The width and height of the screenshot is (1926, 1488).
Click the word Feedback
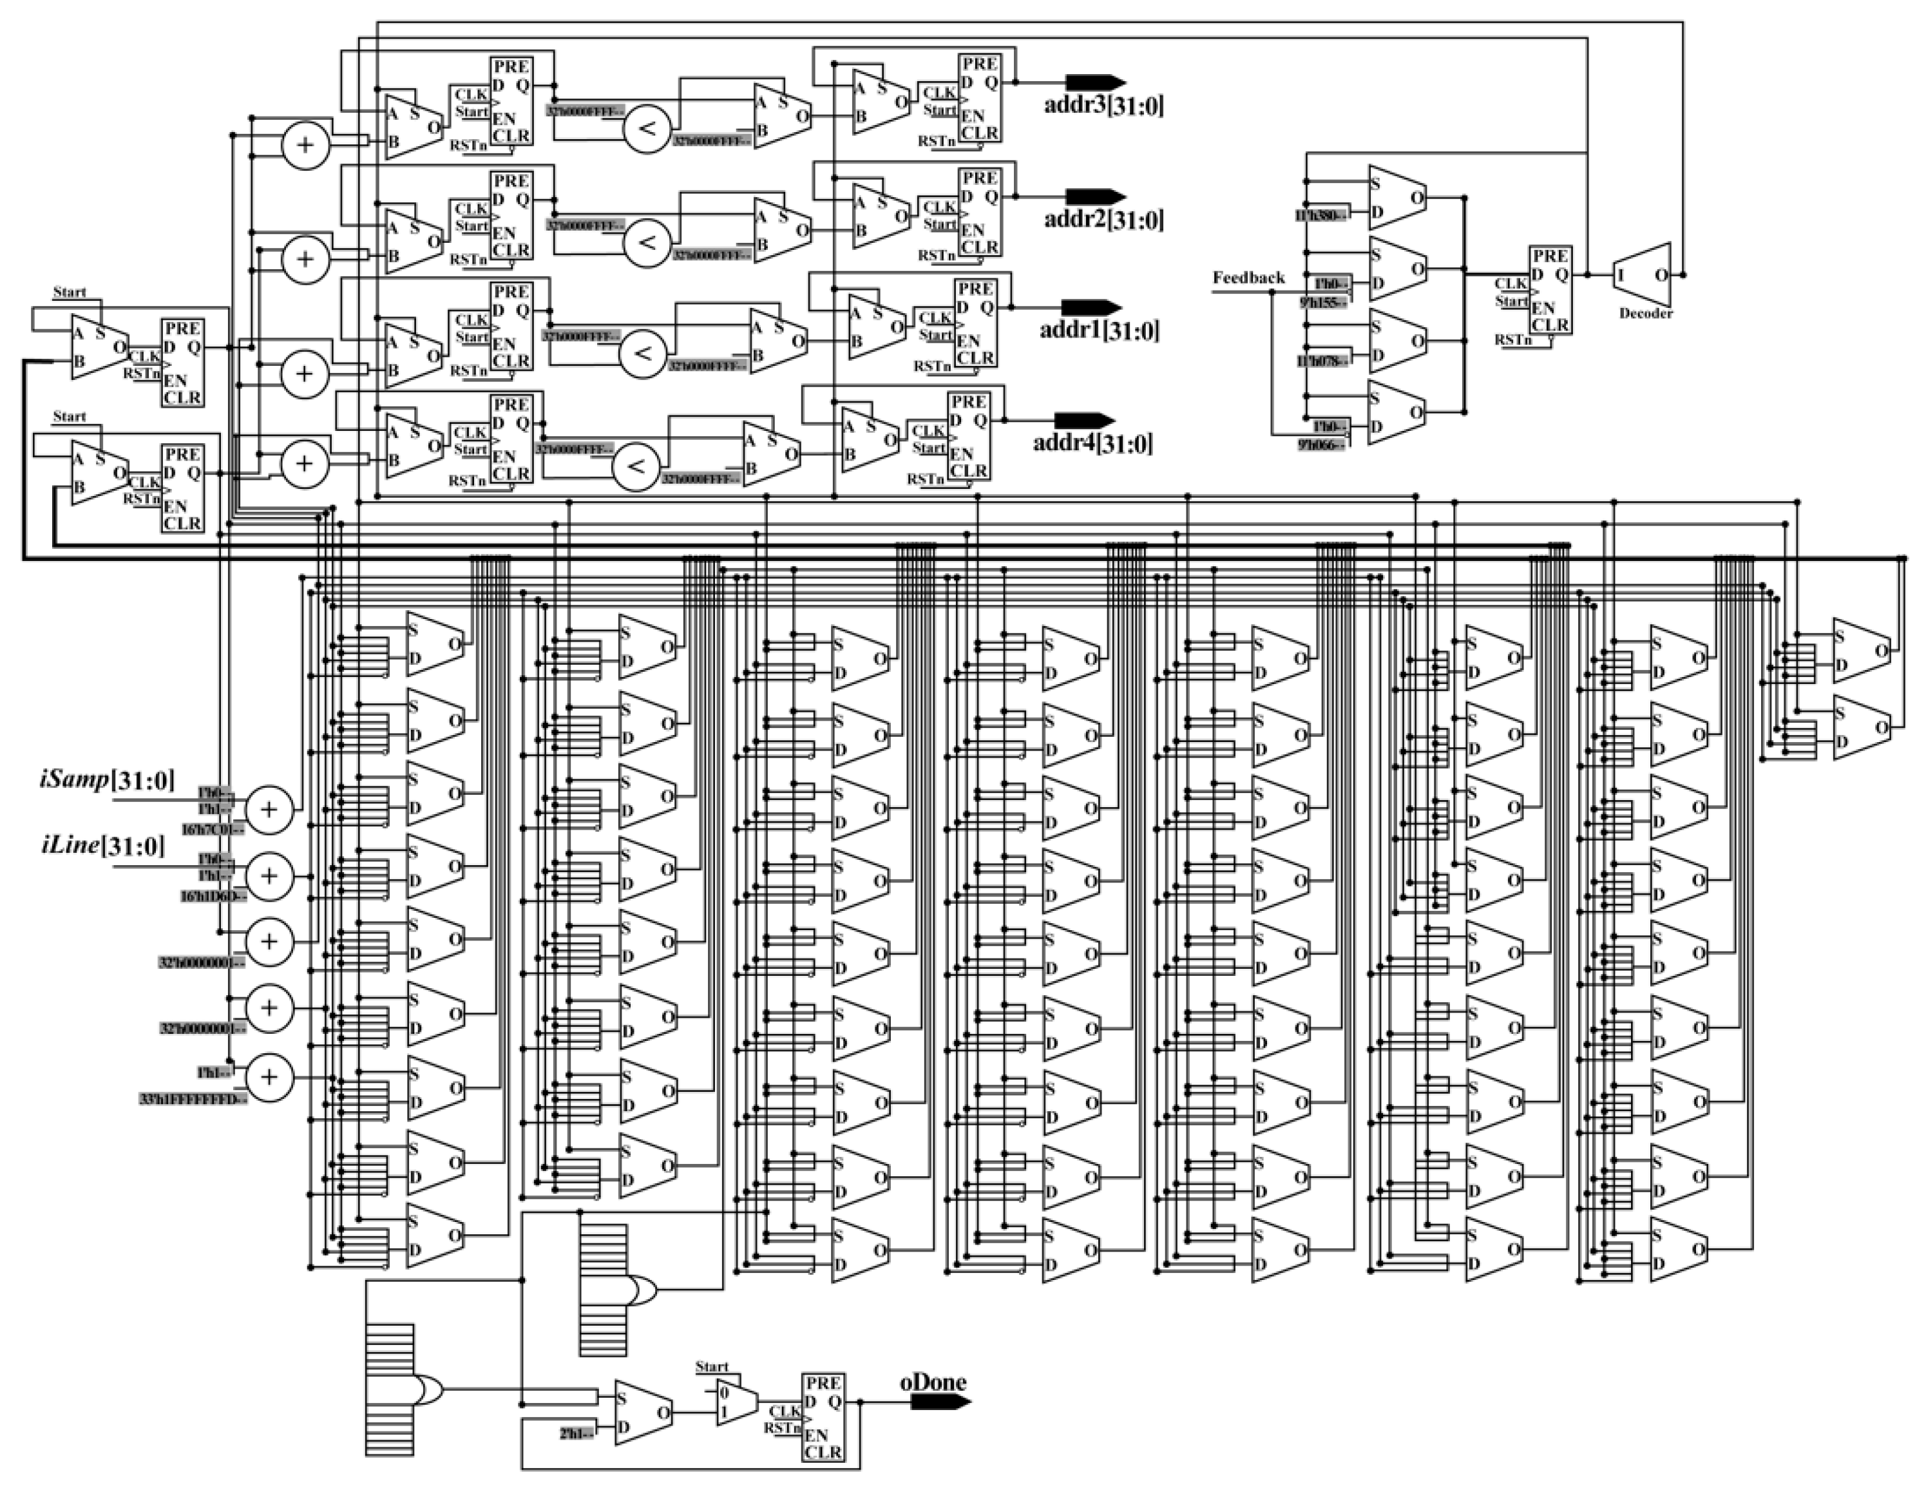tap(1248, 278)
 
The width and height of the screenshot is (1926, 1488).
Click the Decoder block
tap(1641, 275)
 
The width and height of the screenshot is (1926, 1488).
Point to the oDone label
tap(932, 1382)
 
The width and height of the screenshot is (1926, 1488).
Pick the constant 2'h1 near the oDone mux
tap(575, 1433)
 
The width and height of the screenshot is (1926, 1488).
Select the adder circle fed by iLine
tap(268, 876)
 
